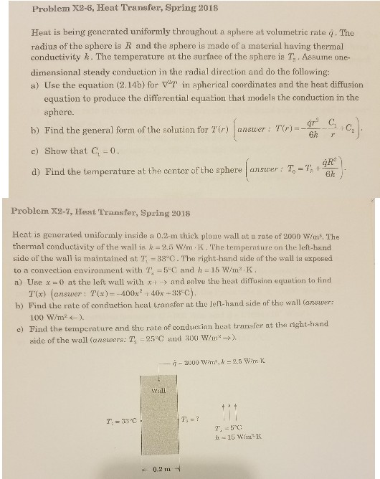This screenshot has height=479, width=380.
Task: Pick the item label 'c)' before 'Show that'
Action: [x=36, y=152]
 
